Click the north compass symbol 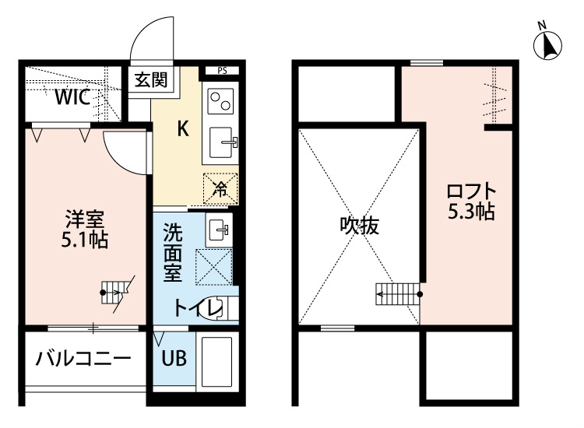point(547,44)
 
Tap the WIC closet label point(72,97)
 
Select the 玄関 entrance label point(151,79)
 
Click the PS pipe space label point(223,71)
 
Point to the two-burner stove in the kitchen point(220,101)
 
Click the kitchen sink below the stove point(223,142)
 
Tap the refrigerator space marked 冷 point(220,189)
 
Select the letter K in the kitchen point(182,129)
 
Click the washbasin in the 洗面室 point(219,230)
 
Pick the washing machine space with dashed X point(214,267)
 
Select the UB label point(174,358)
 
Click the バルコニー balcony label point(83,359)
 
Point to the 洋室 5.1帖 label point(85,230)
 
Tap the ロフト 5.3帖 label point(471,202)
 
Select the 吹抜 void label point(360,225)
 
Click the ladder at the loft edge point(399,294)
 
